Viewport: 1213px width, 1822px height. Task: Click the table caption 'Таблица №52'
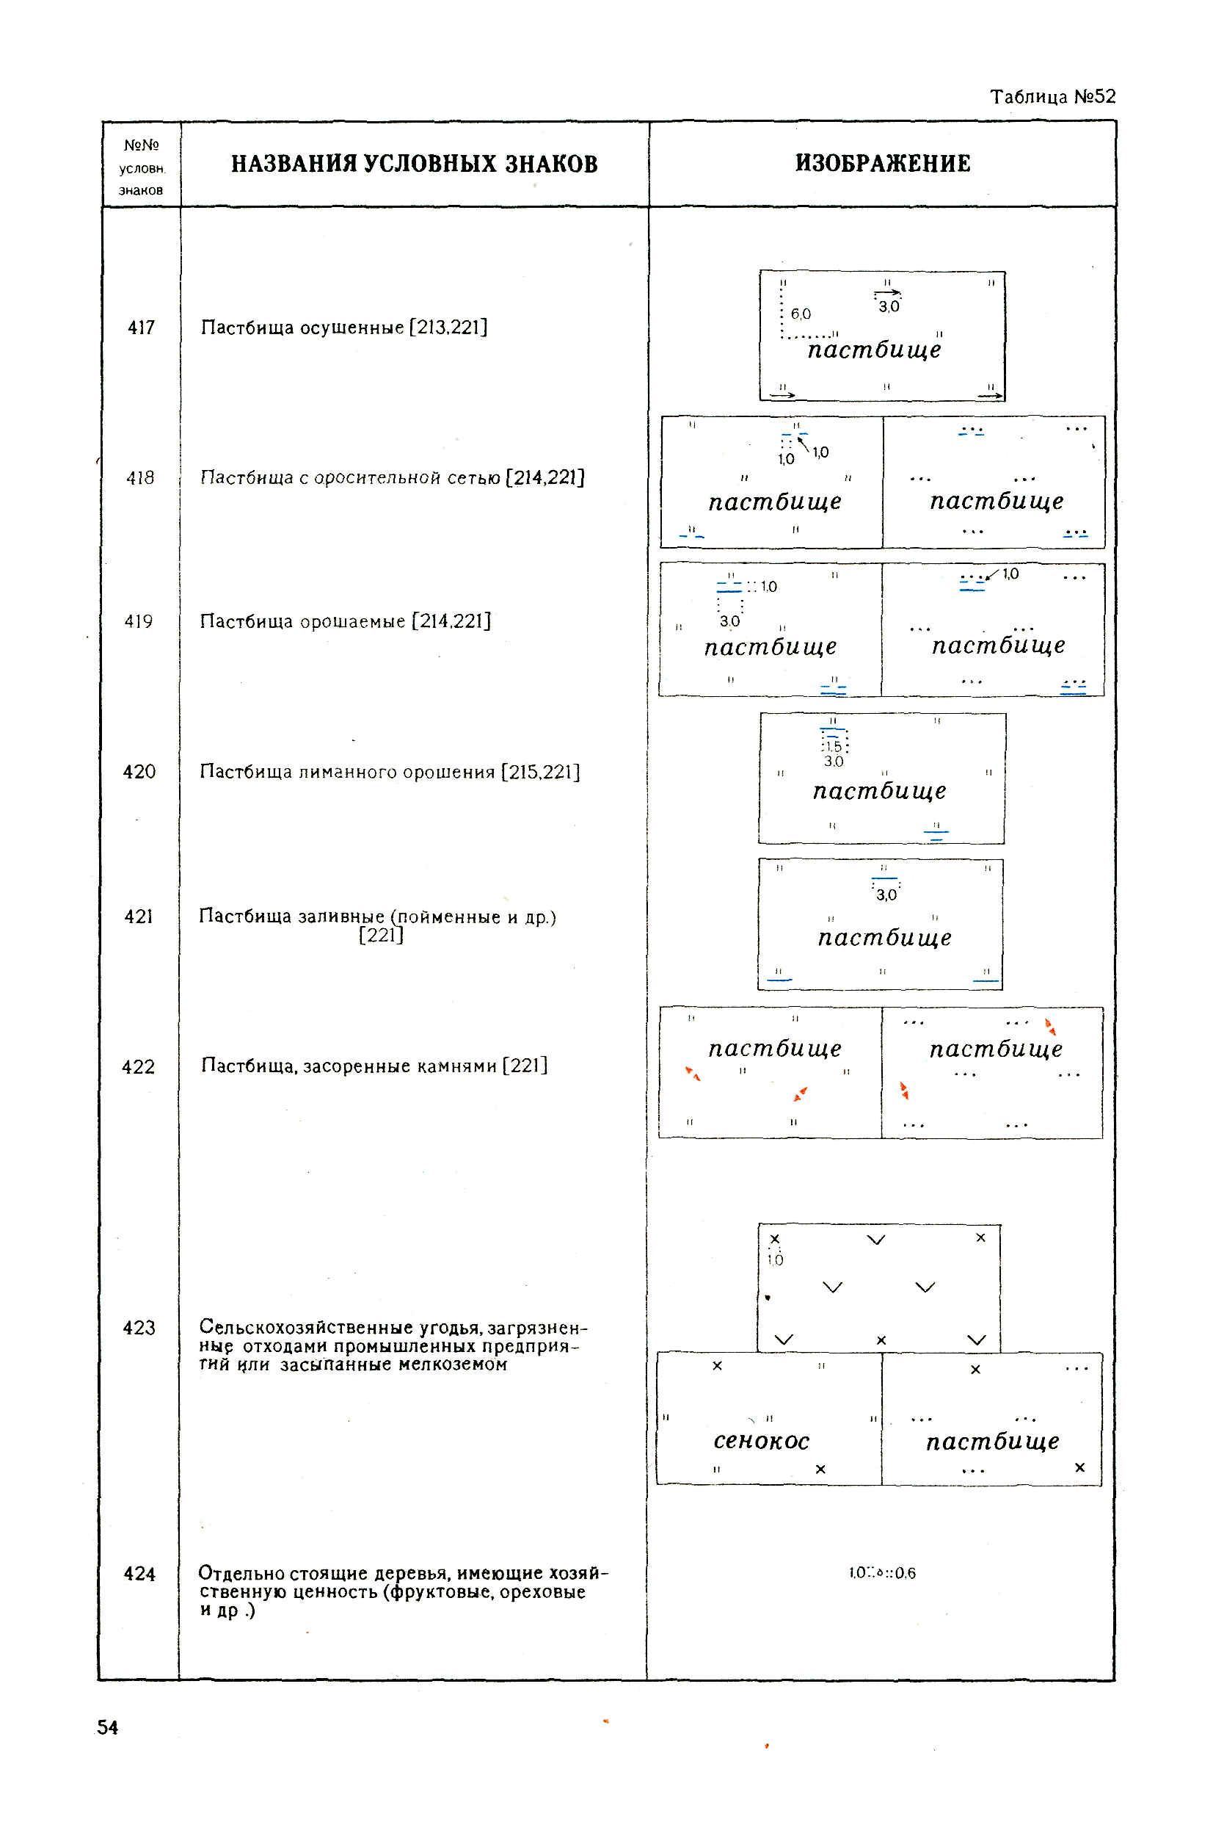pos(1053,97)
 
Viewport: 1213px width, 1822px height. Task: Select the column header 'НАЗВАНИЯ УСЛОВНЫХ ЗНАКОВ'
pos(415,164)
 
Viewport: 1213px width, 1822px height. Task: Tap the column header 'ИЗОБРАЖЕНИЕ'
pos(883,163)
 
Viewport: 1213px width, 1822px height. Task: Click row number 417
pos(142,328)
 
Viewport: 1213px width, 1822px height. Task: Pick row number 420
pos(139,772)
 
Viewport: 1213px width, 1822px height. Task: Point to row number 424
pos(140,1574)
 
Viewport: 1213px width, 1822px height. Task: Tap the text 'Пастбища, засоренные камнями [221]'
pos(374,1066)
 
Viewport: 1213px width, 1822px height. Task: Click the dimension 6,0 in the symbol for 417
pos(801,314)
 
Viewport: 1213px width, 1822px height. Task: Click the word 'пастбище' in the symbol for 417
pos(874,349)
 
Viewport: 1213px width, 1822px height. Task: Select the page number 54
pos(108,1727)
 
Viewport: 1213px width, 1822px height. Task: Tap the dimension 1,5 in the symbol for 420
pos(834,746)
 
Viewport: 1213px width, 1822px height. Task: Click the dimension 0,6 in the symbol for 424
pos(905,1573)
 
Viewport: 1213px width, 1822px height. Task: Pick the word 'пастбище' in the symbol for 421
pos(885,937)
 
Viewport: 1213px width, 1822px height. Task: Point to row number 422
pos(139,1066)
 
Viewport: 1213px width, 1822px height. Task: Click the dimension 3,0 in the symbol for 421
pos(886,895)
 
